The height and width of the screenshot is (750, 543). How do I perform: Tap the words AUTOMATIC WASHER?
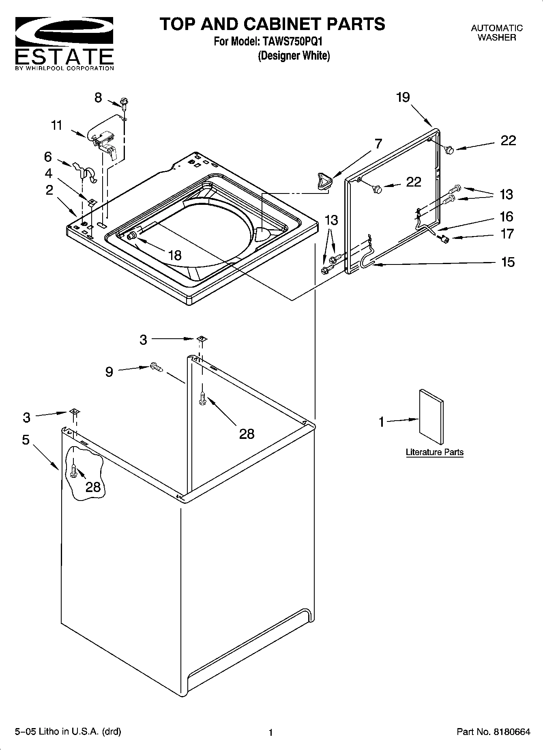496,33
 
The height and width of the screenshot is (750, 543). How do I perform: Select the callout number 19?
403,97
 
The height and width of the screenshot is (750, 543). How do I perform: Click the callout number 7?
378,144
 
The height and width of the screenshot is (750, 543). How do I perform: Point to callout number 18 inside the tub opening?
175,255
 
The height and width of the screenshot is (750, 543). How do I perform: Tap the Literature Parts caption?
434,452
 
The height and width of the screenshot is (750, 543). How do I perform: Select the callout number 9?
109,372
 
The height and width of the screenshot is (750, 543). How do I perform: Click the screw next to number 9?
157,367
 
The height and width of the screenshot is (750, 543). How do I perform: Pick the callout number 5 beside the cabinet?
26,440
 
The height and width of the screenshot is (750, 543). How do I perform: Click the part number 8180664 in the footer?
511,732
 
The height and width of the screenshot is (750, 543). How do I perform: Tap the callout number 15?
508,262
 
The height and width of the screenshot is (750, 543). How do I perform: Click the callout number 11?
56,125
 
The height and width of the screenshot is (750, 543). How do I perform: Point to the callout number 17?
507,234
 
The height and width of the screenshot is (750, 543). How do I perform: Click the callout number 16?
507,217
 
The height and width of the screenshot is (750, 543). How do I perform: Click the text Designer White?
294,56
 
